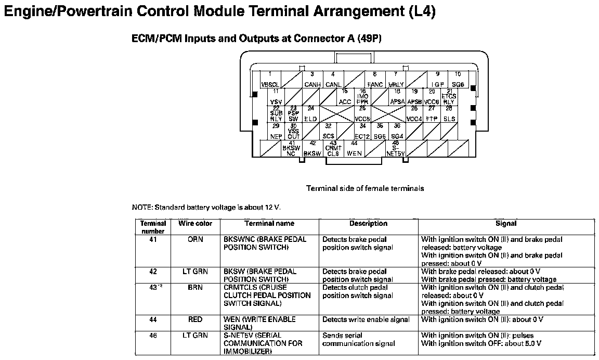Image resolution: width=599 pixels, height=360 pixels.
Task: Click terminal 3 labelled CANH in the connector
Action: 312,80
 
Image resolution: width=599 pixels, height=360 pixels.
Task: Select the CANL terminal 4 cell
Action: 333,80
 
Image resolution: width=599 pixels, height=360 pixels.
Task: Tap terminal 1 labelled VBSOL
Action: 270,80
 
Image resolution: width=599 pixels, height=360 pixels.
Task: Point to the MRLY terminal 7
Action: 396,80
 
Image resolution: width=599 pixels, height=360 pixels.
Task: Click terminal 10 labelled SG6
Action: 458,80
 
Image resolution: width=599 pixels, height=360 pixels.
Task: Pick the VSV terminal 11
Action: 276,98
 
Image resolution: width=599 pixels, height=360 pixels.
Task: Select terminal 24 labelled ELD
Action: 310,114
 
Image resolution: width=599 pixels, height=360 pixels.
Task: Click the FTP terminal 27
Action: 432,114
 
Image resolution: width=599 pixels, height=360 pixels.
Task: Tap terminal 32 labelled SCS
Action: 328,132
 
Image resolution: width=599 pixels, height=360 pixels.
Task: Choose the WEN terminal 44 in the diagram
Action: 354,149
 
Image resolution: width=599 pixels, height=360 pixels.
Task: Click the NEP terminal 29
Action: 276,132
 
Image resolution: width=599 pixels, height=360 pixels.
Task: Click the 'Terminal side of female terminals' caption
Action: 364,188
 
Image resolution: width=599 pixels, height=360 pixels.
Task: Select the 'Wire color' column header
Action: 195,224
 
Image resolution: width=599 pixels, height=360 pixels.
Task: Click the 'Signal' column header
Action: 506,224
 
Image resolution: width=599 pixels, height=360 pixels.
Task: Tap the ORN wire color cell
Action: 195,240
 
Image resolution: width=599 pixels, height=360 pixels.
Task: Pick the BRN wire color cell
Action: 195,288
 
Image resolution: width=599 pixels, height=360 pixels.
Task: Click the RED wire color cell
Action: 195,319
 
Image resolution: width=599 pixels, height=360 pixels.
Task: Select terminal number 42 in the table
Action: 153,272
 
